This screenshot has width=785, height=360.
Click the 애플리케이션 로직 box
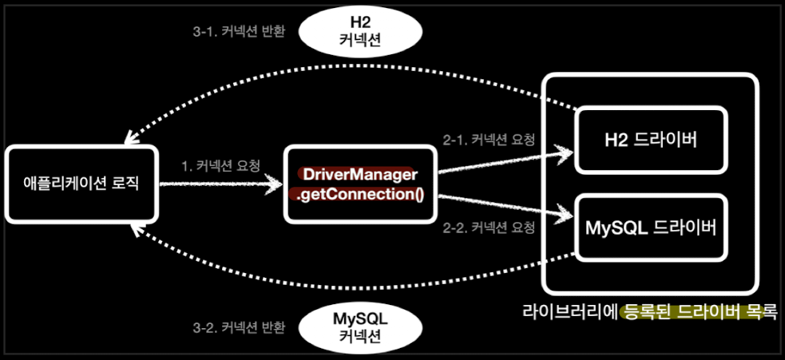coord(81,184)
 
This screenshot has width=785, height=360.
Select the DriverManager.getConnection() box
coord(359,184)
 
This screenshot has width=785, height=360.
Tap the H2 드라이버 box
coord(651,140)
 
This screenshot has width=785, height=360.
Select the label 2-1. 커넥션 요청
coord(489,138)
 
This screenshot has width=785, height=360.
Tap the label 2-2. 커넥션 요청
coord(489,227)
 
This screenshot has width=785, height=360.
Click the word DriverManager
coord(358,174)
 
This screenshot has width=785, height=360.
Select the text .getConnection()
coord(359,194)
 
